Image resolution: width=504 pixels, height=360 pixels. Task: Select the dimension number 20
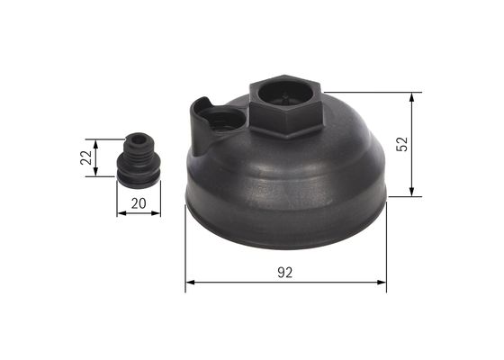click(x=138, y=203)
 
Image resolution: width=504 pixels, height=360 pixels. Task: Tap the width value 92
click(x=285, y=270)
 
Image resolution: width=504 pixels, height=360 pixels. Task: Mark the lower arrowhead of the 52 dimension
click(x=412, y=192)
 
